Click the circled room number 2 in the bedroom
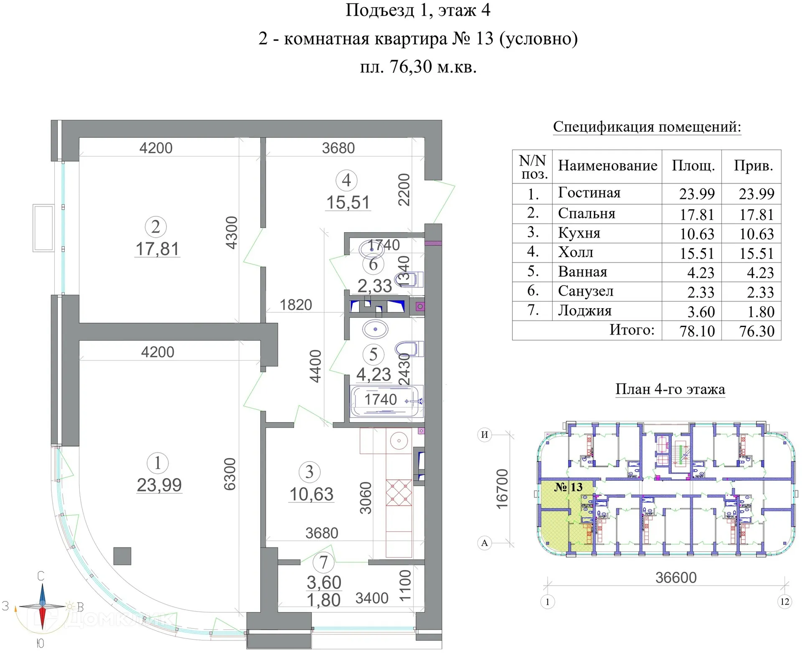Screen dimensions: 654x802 coord(155,227)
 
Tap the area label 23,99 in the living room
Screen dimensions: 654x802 coord(159,485)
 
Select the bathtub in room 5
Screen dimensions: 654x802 coord(385,401)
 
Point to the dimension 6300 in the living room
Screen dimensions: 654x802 coord(230,474)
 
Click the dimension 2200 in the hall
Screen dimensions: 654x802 coord(404,190)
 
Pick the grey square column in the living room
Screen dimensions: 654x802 coord(122,556)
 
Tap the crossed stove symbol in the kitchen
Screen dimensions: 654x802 coord(398,493)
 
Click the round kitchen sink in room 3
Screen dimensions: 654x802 coord(399,441)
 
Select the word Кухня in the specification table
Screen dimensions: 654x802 coord(579,233)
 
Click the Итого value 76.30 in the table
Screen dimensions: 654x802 coord(756,331)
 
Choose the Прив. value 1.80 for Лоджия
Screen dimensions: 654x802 coord(760,312)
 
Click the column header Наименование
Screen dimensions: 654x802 coord(607,166)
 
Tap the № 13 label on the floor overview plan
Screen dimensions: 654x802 coord(568,487)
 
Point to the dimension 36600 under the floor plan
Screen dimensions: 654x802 coord(676,578)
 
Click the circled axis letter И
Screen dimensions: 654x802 coord(484,435)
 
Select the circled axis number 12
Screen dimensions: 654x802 coord(784,601)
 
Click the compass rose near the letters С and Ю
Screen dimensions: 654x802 coord(42,606)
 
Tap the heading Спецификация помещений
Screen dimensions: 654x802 coord(647,127)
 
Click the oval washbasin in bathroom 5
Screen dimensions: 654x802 coord(375,329)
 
